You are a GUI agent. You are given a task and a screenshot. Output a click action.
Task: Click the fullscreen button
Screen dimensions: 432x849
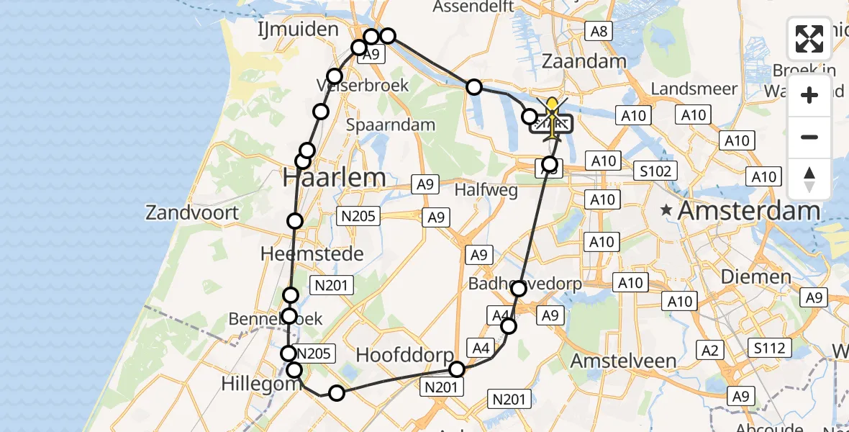coord(809,39)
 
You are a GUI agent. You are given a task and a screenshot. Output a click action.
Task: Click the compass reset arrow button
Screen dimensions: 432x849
coord(809,179)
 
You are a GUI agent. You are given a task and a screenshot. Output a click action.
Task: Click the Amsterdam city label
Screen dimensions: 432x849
coord(748,211)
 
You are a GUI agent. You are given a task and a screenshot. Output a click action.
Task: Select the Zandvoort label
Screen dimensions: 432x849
coord(191,212)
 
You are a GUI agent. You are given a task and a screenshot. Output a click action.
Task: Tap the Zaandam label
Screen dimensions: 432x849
coord(584,61)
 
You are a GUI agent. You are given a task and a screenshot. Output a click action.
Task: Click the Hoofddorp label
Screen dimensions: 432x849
coord(406,355)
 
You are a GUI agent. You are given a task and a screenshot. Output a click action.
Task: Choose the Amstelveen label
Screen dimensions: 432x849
coord(623,361)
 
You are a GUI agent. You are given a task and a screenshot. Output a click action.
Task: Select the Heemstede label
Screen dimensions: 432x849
coord(312,253)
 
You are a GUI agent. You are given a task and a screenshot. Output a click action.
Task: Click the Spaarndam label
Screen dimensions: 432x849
coord(391,125)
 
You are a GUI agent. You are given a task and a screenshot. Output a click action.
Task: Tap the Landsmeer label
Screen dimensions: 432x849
coord(694,89)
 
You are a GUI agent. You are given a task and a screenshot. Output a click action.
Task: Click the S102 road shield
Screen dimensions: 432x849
coord(656,171)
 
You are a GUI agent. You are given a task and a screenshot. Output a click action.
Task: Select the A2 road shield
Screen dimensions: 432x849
coord(709,351)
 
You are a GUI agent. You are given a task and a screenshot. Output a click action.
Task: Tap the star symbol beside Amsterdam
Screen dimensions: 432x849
coord(667,212)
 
